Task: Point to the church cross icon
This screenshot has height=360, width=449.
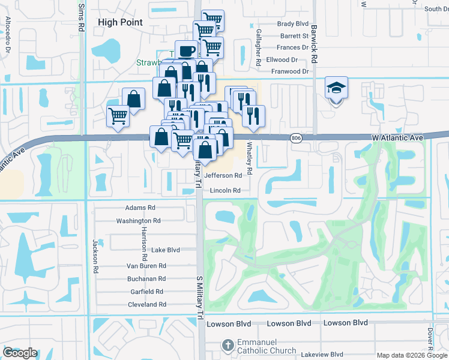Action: pyautogui.click(x=227, y=346)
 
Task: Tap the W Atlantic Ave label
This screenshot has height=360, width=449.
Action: pyautogui.click(x=398, y=137)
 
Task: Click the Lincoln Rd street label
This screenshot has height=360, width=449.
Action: pyautogui.click(x=225, y=191)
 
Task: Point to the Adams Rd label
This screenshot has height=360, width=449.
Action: pyautogui.click(x=140, y=208)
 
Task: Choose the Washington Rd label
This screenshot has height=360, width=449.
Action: pyautogui.click(x=138, y=221)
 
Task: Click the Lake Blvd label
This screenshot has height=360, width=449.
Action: pyautogui.click(x=166, y=250)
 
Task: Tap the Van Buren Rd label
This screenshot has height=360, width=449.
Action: pyautogui.click(x=146, y=266)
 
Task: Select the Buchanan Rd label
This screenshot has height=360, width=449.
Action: pyautogui.click(x=146, y=279)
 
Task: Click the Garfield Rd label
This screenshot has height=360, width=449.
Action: pyautogui.click(x=147, y=292)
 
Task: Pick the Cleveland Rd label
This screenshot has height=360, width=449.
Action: pyautogui.click(x=146, y=305)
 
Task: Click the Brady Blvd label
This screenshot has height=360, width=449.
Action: pyautogui.click(x=293, y=24)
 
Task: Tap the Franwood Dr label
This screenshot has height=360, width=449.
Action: pyautogui.click(x=289, y=71)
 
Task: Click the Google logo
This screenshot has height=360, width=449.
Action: pyautogui.click(x=20, y=353)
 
